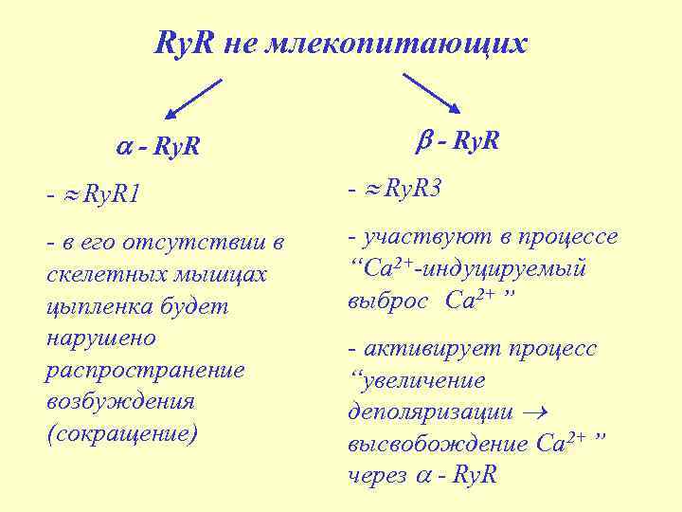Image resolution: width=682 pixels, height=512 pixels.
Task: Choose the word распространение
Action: pos(145,369)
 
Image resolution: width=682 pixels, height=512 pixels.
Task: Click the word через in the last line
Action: pos(378,475)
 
